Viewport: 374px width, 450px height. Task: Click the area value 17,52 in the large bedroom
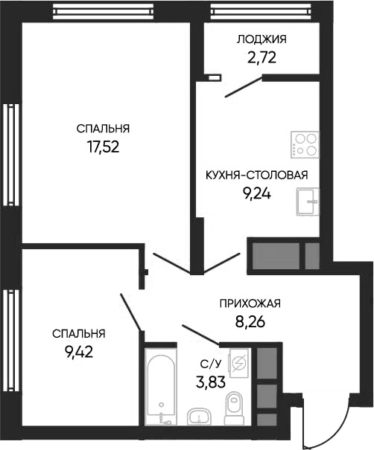[104, 147]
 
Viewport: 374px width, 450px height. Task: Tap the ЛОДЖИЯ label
[261, 39]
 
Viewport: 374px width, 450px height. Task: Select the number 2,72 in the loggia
[261, 57]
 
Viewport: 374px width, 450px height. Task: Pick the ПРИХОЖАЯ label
[250, 303]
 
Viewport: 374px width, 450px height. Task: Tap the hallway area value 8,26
[250, 322]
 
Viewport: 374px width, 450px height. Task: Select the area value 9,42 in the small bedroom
[78, 352]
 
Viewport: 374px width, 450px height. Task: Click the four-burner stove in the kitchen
[305, 144]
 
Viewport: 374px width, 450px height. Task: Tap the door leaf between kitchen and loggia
[243, 89]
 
